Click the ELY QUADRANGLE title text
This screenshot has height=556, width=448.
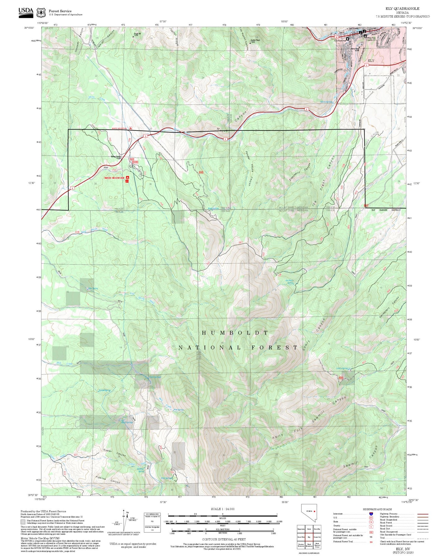point(402,9)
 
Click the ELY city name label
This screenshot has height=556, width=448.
point(371,61)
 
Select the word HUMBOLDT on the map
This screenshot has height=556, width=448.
point(235,333)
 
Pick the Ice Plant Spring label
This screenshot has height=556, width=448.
point(289,282)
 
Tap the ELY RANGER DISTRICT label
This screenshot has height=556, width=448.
point(386,210)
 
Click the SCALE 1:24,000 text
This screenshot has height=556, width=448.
point(222,509)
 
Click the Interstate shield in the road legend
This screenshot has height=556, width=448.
point(371,514)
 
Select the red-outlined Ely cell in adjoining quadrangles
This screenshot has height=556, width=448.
point(309,537)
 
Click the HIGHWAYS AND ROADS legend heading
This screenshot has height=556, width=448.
point(377,509)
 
